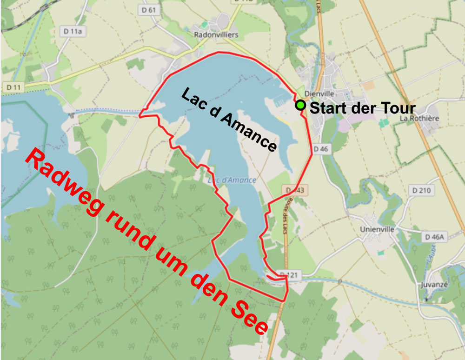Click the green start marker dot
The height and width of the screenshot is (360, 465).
[301, 106]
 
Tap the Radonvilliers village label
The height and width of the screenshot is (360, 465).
[216, 35]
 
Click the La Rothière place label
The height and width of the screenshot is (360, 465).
[419, 118]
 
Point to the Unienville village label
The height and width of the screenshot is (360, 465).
[377, 229]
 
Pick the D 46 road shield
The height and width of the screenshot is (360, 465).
[321, 149]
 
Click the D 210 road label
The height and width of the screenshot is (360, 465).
[421, 190]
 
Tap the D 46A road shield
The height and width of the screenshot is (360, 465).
[434, 237]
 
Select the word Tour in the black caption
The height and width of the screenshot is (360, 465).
[397, 108]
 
